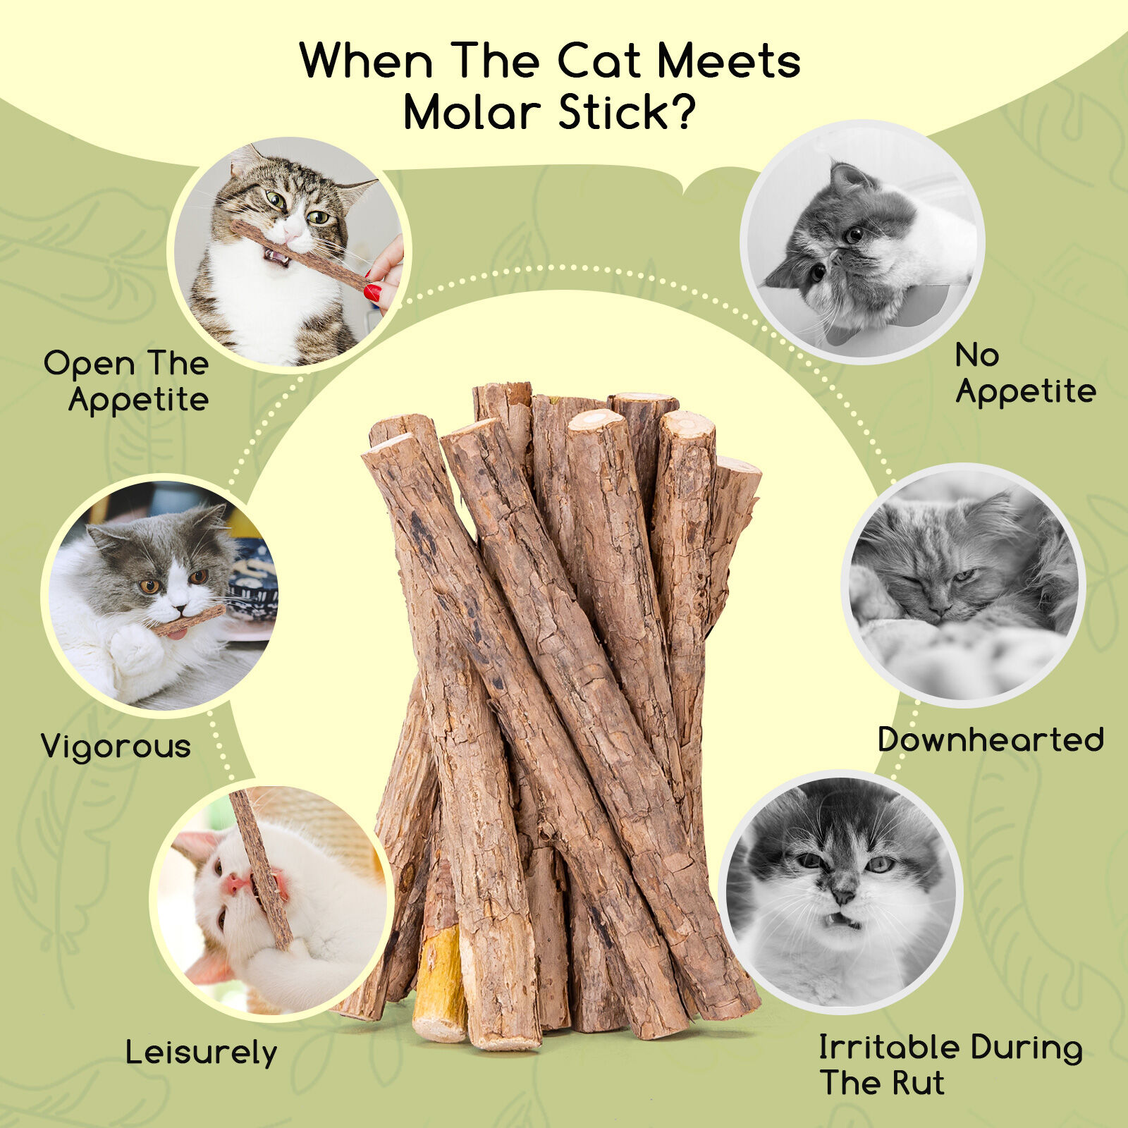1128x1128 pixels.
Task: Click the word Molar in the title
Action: (x=472, y=113)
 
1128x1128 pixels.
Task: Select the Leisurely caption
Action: (x=202, y=1053)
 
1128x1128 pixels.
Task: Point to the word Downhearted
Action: (x=991, y=740)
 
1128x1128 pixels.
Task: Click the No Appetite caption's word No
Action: (x=977, y=355)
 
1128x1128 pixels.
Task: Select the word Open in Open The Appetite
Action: (x=89, y=364)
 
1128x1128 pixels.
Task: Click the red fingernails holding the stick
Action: (x=372, y=291)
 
